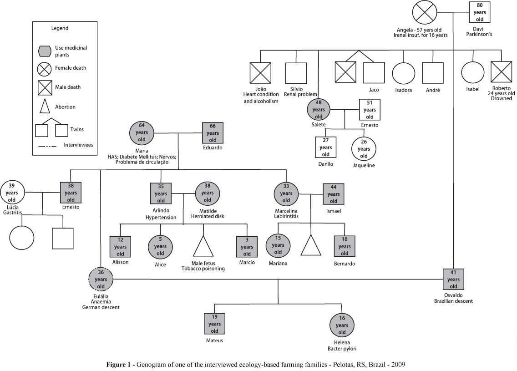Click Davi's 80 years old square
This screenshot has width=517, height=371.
480,12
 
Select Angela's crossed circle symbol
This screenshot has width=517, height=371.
425,13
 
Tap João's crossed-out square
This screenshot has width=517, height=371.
260,73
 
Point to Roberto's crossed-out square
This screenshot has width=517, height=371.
502,73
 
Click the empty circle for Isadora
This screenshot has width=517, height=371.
404,73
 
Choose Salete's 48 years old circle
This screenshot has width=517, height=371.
319,110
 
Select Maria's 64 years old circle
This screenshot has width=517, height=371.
142,132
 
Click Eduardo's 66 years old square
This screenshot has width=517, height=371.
213,133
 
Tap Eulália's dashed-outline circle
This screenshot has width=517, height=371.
101,279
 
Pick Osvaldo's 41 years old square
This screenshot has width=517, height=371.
453,280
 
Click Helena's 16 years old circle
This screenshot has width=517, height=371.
342,325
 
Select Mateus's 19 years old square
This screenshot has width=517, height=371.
214,324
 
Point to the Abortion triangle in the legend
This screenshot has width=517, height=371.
44,106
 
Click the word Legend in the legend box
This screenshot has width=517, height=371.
60,28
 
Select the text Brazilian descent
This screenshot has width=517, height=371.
453,301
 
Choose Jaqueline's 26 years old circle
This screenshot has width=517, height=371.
364,149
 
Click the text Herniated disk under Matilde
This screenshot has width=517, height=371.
208,217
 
